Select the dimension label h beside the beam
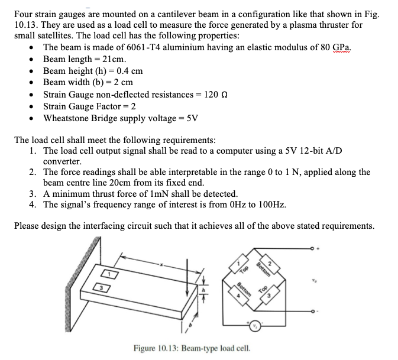(204, 290)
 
